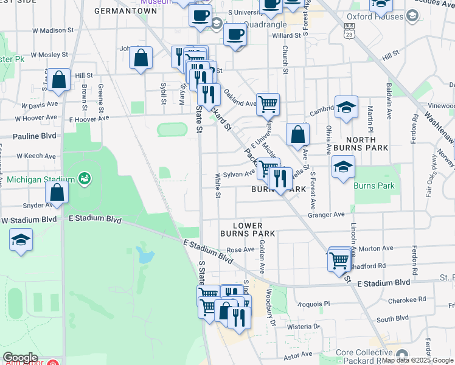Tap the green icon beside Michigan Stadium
click(85, 179)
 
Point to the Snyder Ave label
click(35, 206)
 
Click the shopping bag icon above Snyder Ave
click(57, 192)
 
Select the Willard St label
click(287, 36)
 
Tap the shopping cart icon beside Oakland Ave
click(268, 104)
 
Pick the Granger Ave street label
click(326, 214)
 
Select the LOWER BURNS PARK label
click(248, 229)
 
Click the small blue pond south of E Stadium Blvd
click(146, 255)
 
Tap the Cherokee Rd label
click(409, 299)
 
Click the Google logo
click(20, 358)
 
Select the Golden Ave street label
click(262, 255)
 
